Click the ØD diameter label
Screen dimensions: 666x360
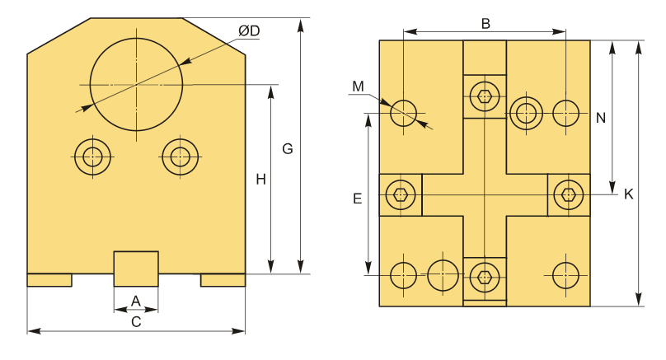coord(249,31)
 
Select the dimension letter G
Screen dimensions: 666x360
coord(288,149)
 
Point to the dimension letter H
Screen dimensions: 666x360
coord(260,180)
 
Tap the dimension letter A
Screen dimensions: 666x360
coord(135,301)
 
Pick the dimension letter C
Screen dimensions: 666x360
coord(136,322)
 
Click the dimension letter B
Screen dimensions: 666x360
coord(485,24)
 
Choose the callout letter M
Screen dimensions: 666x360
coord(358,86)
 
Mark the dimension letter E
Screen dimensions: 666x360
coord(357,199)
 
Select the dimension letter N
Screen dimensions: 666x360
coord(601,118)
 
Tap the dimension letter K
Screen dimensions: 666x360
coord(629,194)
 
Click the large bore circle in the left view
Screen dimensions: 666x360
coord(136,85)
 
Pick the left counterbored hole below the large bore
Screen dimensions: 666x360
coord(92,157)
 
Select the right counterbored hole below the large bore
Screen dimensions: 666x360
coord(180,157)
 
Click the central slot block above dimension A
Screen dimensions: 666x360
coord(136,269)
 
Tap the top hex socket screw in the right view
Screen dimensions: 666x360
coord(485,96)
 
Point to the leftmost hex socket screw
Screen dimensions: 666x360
coord(401,195)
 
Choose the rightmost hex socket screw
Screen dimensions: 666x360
coord(569,195)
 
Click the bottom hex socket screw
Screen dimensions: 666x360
coord(485,278)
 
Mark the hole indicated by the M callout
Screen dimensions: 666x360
coord(403,114)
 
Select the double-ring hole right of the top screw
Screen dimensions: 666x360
coord(526,114)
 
